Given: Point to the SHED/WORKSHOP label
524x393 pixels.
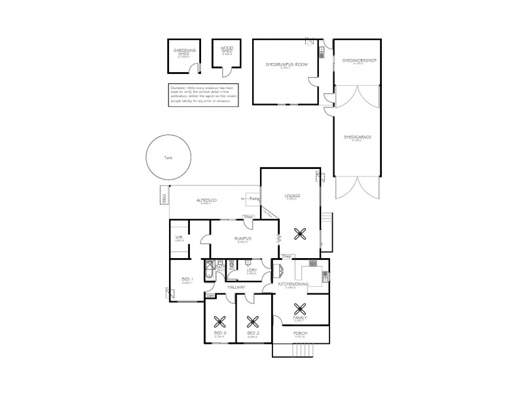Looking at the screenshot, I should pos(356,60).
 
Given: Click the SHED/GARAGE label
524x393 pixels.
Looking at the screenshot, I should pos(356,137).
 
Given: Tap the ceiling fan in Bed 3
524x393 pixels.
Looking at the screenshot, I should pos(220,322).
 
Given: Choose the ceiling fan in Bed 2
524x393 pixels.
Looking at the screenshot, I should pos(253,322).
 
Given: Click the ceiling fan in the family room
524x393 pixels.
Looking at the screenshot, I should pos(300,309).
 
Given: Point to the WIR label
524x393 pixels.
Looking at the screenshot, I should pos(178,238).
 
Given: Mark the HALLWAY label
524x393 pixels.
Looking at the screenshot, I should pos(236,287).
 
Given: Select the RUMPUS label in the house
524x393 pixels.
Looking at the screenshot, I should pos(236,240).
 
